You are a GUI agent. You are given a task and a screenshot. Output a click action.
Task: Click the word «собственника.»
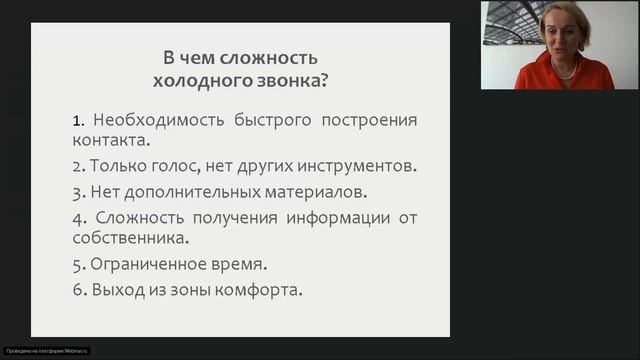coord(131,239)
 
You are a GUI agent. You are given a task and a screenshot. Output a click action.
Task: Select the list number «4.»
coord(79,217)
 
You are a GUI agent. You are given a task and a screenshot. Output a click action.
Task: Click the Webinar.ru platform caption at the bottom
coord(47,351)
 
